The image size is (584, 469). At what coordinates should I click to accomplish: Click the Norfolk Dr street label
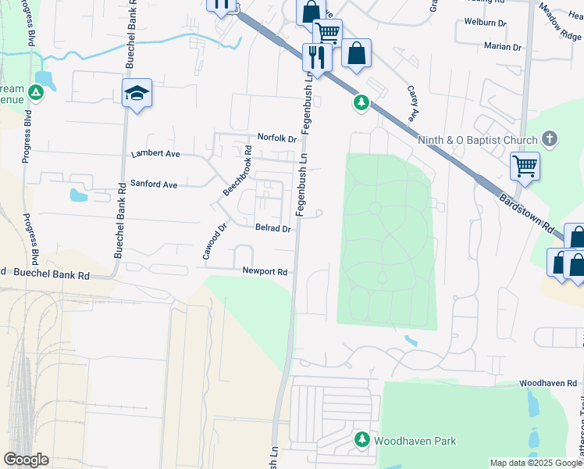(278, 139)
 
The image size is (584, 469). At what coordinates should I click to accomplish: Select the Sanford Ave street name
(154, 184)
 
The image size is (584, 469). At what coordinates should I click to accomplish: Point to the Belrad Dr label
(272, 229)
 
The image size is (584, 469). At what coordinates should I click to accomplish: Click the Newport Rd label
(265, 272)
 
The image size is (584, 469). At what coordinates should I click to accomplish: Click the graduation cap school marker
(137, 93)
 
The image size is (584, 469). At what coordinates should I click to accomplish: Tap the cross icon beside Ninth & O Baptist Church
(550, 140)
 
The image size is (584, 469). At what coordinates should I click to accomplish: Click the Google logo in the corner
(26, 460)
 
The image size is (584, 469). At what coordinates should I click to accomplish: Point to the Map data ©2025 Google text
(535, 463)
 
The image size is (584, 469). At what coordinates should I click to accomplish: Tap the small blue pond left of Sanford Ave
(79, 195)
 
